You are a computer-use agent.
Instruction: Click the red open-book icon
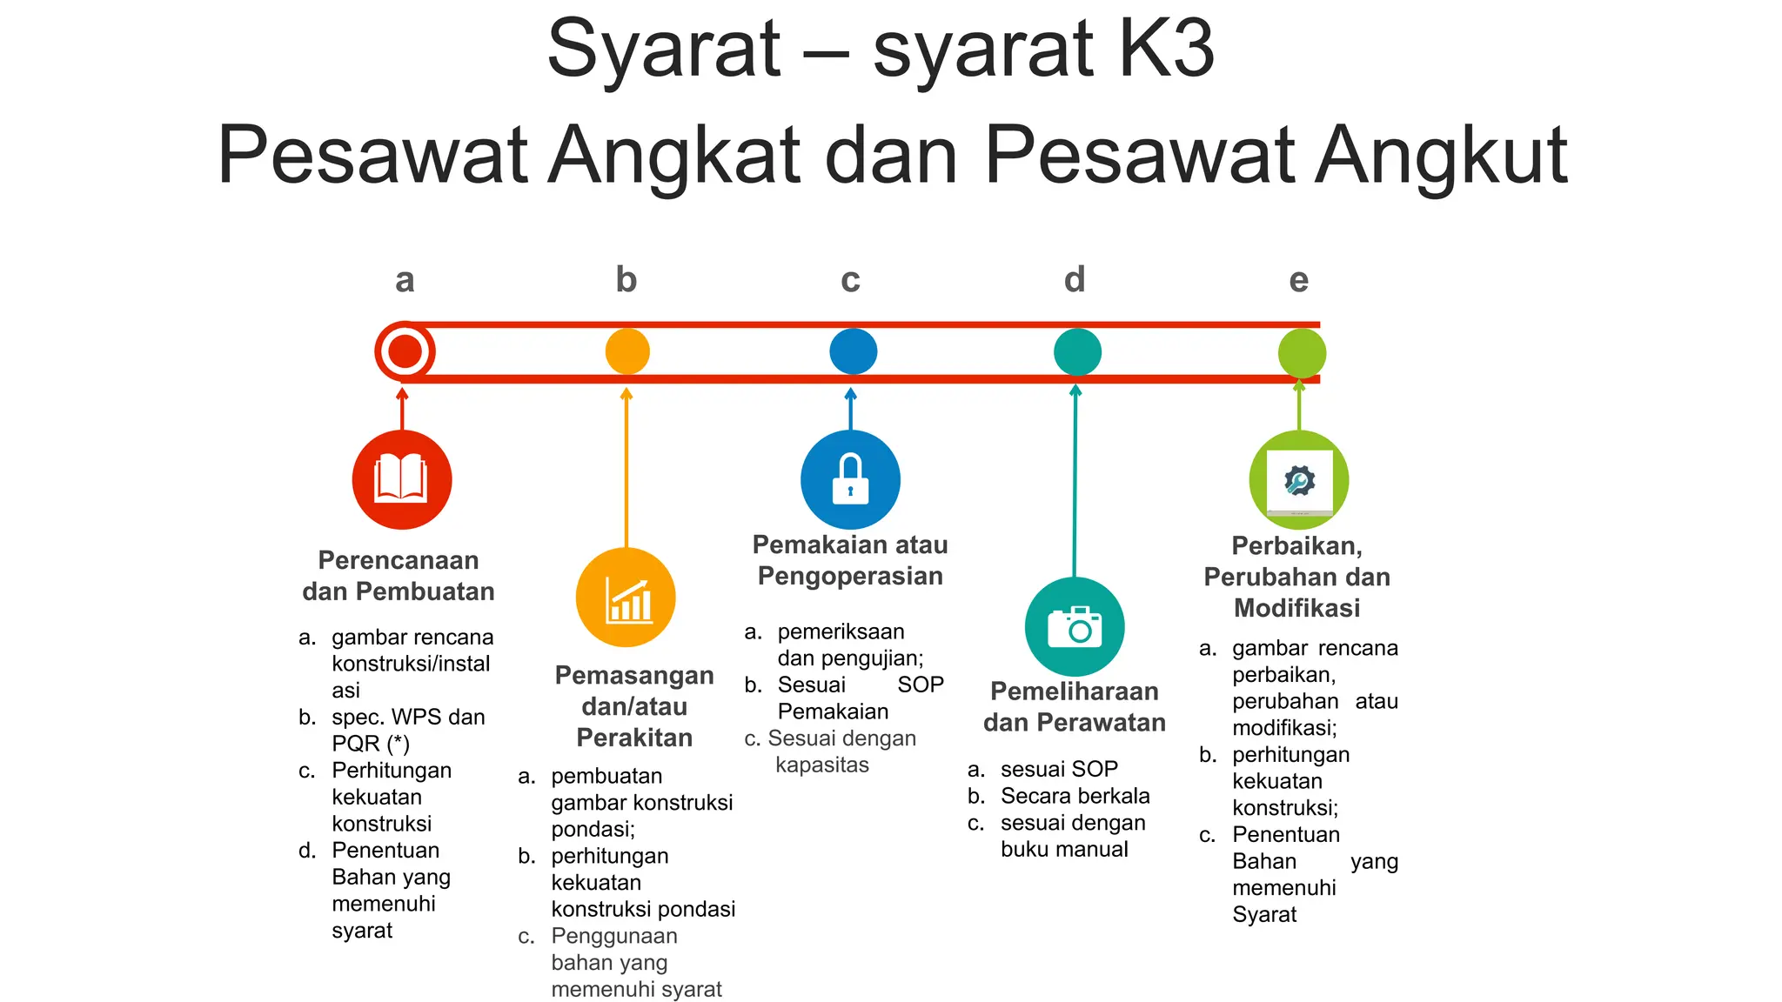(x=401, y=479)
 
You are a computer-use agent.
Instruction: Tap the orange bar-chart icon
(x=626, y=598)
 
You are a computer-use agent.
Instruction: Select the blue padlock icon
(x=850, y=479)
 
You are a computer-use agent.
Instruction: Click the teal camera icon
(x=1075, y=627)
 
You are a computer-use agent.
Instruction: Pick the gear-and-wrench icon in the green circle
(x=1299, y=480)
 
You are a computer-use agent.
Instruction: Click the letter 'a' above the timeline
(x=405, y=280)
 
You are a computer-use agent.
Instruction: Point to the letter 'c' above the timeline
(x=850, y=280)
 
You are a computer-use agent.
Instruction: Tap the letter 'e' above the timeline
(x=1298, y=280)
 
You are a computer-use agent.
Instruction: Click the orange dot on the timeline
(x=627, y=351)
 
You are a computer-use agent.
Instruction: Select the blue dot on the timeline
(x=853, y=351)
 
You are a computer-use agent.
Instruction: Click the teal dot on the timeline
(x=1077, y=352)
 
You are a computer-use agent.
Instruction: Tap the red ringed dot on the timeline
(x=405, y=351)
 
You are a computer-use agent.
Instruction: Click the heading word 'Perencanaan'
(x=399, y=560)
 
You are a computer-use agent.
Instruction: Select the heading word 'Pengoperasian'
(x=850, y=576)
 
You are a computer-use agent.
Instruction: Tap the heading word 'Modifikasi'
(x=1296, y=608)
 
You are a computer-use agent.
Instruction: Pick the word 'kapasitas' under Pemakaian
(x=822, y=765)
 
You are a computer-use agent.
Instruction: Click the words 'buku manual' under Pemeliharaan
(x=1064, y=849)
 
